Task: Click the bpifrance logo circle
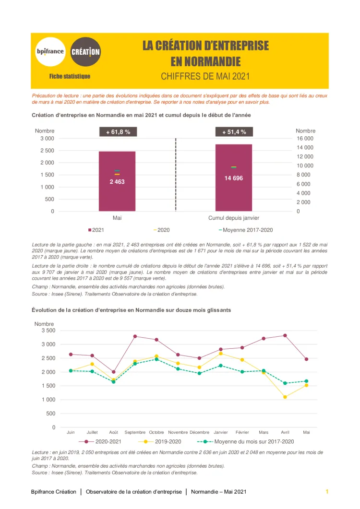50,52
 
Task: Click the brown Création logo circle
85,51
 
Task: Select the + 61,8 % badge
118,132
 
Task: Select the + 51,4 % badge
234,132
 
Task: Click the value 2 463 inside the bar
117,182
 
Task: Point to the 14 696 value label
234,178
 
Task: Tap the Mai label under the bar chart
117,218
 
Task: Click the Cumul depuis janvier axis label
234,218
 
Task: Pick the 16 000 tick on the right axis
305,138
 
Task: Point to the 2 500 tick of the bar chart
47,151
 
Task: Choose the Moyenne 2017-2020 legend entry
247,230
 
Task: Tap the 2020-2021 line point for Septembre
135,336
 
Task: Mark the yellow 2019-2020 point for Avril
285,397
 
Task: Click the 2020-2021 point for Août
113,372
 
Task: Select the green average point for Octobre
156,359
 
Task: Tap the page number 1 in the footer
327,492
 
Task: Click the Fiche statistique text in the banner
70,76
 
